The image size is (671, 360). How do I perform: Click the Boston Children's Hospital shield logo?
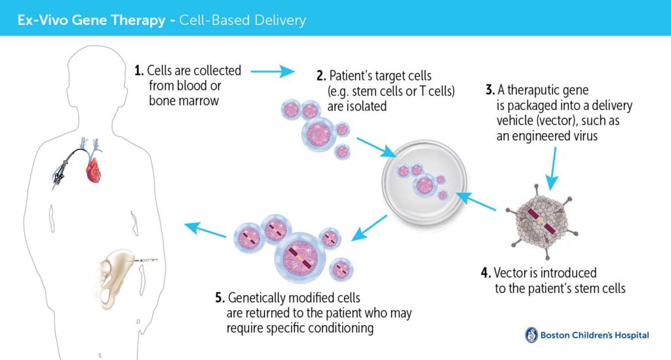pos(531,335)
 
